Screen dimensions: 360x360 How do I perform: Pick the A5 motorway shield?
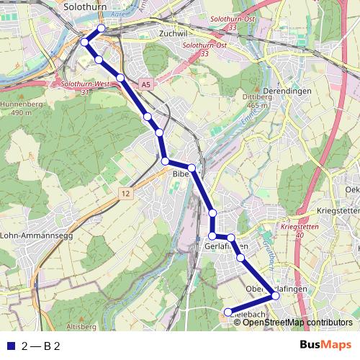[146, 85]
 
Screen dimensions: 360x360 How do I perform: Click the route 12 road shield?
[126, 194]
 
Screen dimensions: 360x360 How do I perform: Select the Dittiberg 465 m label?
[255, 101]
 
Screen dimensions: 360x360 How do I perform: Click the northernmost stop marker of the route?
[101, 28]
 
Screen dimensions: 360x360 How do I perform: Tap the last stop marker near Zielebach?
[228, 312]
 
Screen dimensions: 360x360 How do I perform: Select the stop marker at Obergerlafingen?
[275, 296]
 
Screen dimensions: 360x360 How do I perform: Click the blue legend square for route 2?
[9, 346]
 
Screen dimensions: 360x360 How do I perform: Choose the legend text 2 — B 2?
[40, 346]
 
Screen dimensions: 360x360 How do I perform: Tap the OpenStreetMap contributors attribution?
[298, 322]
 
